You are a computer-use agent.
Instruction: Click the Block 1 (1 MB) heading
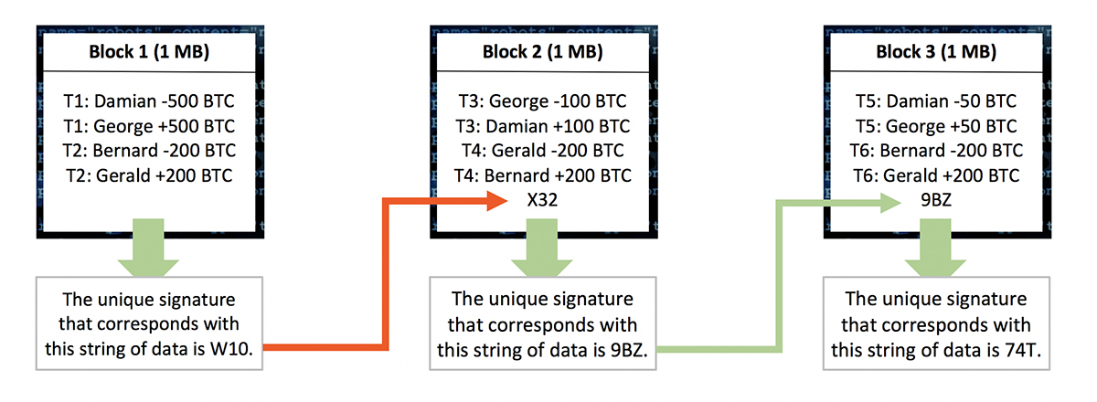149,52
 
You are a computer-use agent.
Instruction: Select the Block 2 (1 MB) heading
543,52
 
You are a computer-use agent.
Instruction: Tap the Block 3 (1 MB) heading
936,52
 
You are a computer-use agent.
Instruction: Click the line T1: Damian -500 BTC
149,101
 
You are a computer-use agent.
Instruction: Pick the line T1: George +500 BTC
149,126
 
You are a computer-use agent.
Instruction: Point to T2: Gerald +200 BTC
149,175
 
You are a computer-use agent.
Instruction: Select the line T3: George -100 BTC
543,101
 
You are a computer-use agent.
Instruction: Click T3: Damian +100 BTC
543,126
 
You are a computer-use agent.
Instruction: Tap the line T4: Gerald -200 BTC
543,151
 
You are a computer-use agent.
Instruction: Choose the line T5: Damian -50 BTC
936,101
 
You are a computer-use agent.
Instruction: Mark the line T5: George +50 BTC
936,126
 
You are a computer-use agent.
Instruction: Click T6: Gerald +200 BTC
936,175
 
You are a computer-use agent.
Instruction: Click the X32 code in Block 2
542,200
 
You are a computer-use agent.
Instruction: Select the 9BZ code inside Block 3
936,200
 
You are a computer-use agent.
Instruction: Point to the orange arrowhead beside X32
497,200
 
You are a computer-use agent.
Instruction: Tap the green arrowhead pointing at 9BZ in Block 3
890,203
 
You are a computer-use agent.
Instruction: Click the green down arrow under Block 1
148,248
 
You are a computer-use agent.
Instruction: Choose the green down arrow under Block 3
935,248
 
